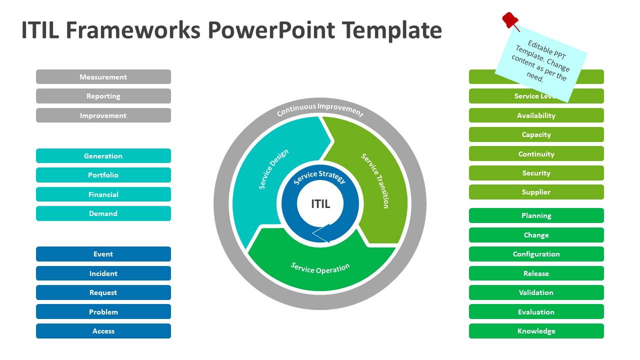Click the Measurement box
tap(103, 77)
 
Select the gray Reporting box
tap(103, 96)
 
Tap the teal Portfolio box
tap(103, 175)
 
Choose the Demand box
tap(103, 213)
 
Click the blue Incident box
tap(103, 273)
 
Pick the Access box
tap(103, 331)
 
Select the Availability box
tap(536, 115)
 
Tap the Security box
tap(536, 173)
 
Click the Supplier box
tap(536, 192)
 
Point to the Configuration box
tap(536, 254)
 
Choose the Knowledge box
tap(536, 331)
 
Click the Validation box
tap(536, 292)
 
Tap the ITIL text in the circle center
tap(320, 204)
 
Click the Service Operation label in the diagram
tap(320, 268)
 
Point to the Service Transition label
tap(375, 180)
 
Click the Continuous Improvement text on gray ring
tap(320, 109)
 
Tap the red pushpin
tap(510, 20)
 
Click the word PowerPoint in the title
tap(270, 30)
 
